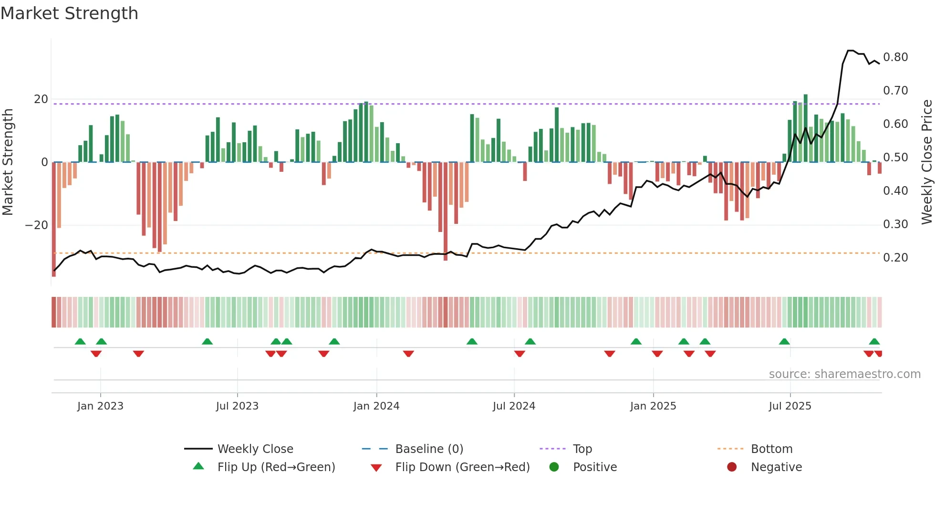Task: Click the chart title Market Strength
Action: [69, 13]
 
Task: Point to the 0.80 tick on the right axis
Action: [895, 57]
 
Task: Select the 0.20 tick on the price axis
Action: [895, 258]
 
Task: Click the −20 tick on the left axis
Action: [37, 225]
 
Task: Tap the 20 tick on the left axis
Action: [41, 99]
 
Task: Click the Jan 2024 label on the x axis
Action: [376, 406]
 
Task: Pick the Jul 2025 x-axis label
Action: [790, 406]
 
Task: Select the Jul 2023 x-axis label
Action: [237, 406]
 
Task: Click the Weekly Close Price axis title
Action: [926, 162]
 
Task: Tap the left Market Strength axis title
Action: [8, 162]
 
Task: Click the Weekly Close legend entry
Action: [255, 449]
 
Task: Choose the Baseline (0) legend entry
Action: [429, 449]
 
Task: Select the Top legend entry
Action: [582, 449]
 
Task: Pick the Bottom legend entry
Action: [771, 449]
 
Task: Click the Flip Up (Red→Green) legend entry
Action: [276, 467]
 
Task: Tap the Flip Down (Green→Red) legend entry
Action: [462, 467]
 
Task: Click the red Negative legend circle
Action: [732, 467]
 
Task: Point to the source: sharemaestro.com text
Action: [844, 374]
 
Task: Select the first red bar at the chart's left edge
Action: [54, 220]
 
